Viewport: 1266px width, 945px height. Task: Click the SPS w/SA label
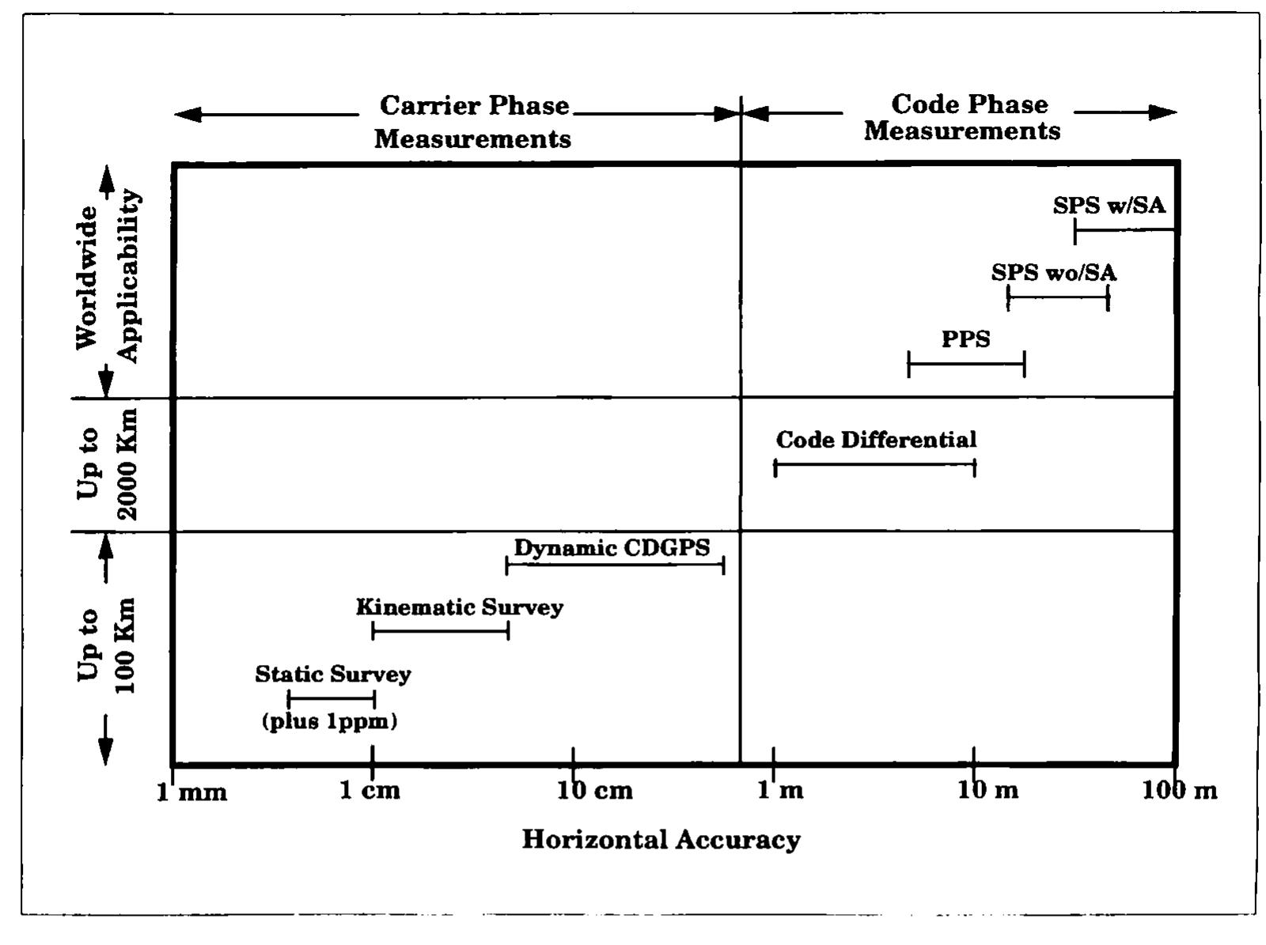pos(1109,206)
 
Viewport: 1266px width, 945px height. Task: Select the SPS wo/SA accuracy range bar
pos(1058,297)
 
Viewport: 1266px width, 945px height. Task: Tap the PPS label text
pos(965,339)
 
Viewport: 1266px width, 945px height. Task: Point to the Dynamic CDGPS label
pos(612,547)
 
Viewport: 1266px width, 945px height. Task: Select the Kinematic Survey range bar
pos(440,630)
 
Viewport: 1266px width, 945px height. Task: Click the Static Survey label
pos(333,675)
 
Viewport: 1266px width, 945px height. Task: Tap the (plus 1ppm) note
pos(329,721)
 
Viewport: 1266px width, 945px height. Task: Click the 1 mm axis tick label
pos(191,791)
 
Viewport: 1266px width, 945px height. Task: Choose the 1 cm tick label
pos(370,791)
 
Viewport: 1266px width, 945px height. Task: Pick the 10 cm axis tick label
pos(595,791)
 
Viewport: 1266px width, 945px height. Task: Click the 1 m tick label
pos(780,791)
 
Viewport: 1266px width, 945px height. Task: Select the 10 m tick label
pos(988,791)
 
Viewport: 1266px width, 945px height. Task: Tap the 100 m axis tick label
pos(1179,791)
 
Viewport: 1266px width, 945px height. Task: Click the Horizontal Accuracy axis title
pos(661,839)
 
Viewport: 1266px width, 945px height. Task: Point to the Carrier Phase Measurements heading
pos(473,122)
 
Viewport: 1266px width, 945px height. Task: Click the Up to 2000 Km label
pos(107,464)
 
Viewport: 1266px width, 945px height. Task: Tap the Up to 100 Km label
pos(107,644)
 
